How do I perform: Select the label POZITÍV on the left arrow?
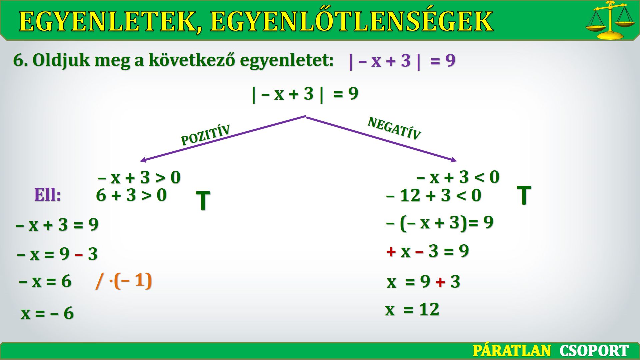tap(205, 135)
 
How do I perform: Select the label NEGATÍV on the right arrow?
tap(394, 128)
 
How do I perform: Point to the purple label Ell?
tap(48, 195)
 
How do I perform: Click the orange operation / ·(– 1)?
tap(124, 281)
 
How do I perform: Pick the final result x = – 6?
tap(47, 313)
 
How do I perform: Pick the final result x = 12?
tap(412, 309)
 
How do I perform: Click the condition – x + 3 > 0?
tap(139, 177)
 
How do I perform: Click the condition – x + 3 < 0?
tap(458, 177)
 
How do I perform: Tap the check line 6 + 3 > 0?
tap(131, 195)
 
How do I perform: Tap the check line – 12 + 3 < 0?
tap(434, 195)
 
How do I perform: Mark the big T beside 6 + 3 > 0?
tap(203, 201)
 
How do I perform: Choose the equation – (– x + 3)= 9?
tap(440, 223)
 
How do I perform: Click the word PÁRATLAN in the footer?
tap(512, 351)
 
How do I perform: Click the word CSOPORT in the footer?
tap(594, 351)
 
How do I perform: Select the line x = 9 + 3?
tap(423, 282)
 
